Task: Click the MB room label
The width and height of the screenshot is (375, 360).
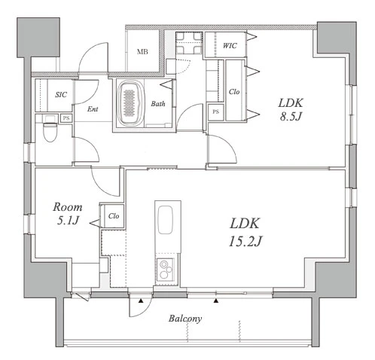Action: pyautogui.click(x=142, y=52)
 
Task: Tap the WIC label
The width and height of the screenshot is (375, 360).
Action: pyautogui.click(x=230, y=46)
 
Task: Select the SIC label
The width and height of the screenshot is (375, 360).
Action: pyautogui.click(x=61, y=95)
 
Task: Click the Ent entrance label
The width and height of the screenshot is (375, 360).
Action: pyautogui.click(x=93, y=109)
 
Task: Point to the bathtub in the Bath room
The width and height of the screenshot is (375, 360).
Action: pyautogui.click(x=131, y=103)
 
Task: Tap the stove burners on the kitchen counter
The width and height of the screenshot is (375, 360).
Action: pyautogui.click(x=166, y=270)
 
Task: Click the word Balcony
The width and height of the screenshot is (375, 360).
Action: pyautogui.click(x=185, y=319)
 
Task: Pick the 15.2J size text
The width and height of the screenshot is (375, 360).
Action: pyautogui.click(x=245, y=242)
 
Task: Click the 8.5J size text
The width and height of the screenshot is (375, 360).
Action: pyautogui.click(x=291, y=117)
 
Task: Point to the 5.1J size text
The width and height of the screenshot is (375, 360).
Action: pyautogui.click(x=68, y=221)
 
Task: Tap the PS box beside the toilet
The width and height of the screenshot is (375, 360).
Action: pyautogui.click(x=66, y=118)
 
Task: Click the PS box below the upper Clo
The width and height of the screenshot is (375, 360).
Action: pyautogui.click(x=216, y=112)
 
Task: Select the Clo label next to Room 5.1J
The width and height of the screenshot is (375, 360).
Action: pyautogui.click(x=114, y=216)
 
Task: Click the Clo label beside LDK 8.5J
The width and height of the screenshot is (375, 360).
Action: pyautogui.click(x=234, y=92)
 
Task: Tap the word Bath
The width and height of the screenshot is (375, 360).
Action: pyautogui.click(x=158, y=104)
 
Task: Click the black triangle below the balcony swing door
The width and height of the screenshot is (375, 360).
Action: pyautogui.click(x=141, y=301)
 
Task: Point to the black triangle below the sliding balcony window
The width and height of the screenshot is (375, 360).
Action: pyautogui.click(x=216, y=301)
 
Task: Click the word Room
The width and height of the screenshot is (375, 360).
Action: pyautogui.click(x=68, y=207)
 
